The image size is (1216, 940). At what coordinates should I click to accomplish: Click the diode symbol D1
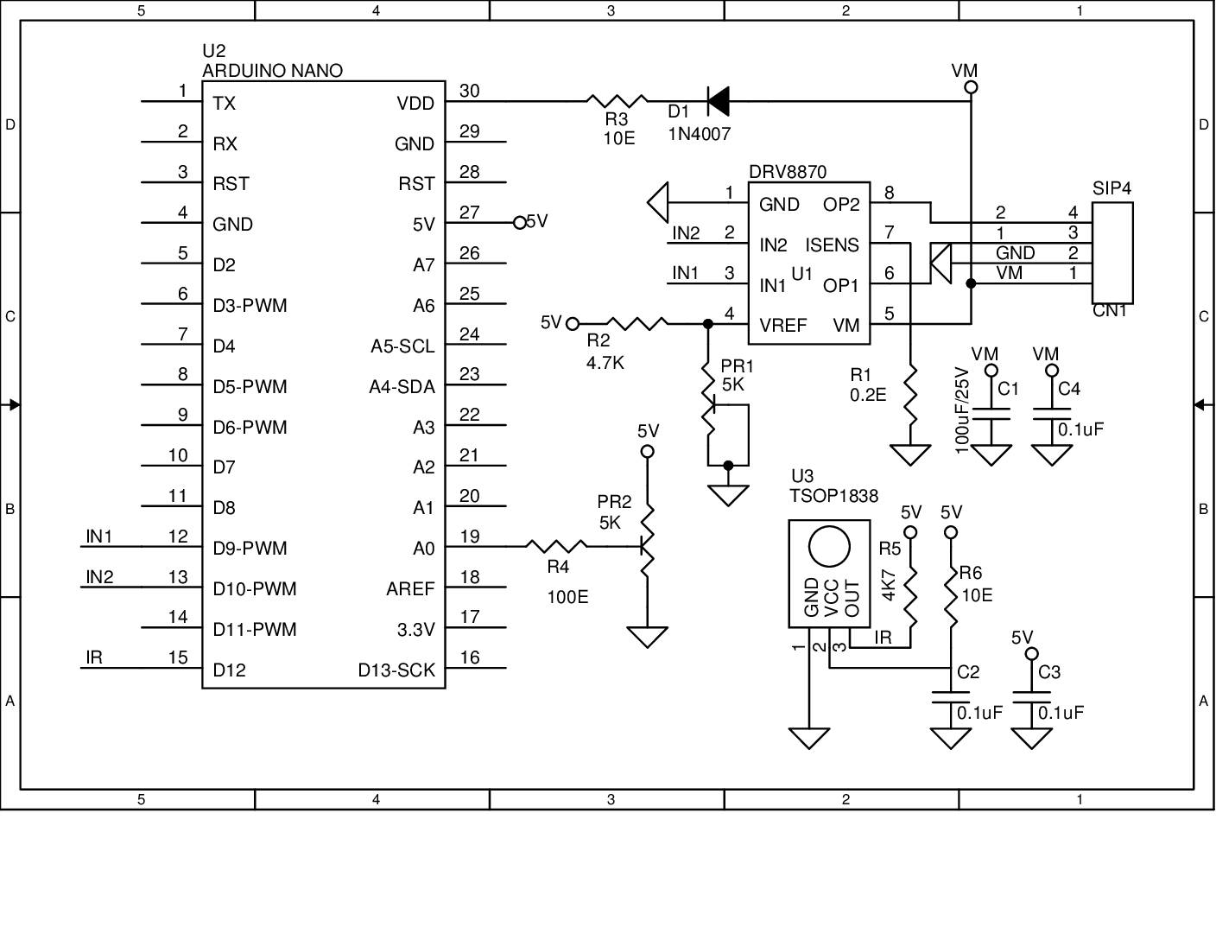tap(718, 101)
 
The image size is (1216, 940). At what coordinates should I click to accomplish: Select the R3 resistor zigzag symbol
tap(617, 101)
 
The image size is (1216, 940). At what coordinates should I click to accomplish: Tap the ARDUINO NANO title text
tap(272, 71)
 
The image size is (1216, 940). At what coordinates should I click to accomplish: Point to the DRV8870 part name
tap(788, 172)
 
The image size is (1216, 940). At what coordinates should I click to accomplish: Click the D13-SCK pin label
tap(396, 670)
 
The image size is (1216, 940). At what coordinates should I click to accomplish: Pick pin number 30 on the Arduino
tap(469, 91)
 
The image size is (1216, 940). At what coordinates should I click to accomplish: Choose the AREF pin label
tap(410, 589)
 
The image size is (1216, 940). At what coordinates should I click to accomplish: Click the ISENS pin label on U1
tap(832, 245)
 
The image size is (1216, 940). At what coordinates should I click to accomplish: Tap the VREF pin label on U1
tap(782, 325)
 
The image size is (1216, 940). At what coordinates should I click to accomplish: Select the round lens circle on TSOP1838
tap(829, 546)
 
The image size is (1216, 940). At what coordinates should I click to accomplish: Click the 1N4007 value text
tap(700, 135)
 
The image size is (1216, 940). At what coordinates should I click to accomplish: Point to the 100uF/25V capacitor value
tap(961, 410)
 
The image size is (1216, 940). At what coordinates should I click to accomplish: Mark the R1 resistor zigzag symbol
tap(910, 395)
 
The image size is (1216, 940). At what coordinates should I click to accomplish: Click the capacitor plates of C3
tap(1031, 697)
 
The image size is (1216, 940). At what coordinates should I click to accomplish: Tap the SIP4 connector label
tap(1111, 188)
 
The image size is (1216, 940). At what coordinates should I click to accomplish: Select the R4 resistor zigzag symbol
tap(556, 546)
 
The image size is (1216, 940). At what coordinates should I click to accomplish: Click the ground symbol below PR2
tap(647, 637)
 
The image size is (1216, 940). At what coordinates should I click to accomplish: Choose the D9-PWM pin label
tap(250, 548)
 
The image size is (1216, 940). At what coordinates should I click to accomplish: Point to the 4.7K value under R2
tap(605, 364)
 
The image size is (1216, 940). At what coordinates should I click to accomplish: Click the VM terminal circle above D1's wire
tap(971, 87)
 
